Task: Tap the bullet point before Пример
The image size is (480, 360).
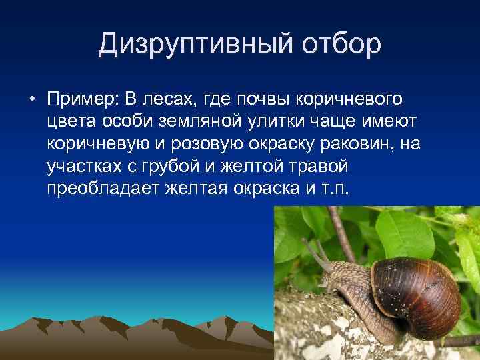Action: [32, 100]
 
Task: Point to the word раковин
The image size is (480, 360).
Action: [363, 145]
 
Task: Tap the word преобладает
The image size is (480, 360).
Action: [100, 189]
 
